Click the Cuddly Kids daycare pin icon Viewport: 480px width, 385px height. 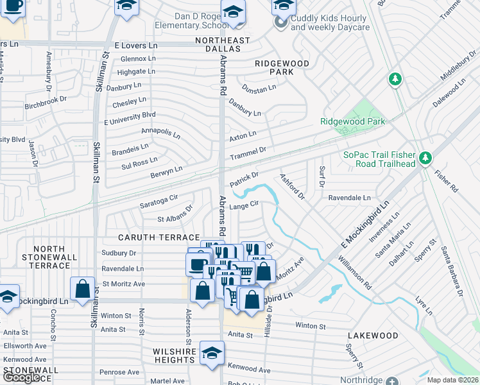pyautogui.click(x=280, y=22)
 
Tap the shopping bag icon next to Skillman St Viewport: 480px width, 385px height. pyautogui.click(x=83, y=289)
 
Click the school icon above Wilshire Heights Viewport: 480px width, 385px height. pyautogui.click(x=212, y=353)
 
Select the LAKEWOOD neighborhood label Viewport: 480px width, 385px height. pyautogui.click(x=373, y=336)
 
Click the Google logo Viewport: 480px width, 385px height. pyautogui.click(x=22, y=377)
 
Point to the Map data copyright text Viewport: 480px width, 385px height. pyautogui.click(x=452, y=380)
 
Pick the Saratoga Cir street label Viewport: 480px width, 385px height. pyautogui.click(x=159, y=201)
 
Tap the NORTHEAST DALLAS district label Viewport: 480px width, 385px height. pyautogui.click(x=223, y=40)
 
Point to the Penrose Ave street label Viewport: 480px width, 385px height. pyautogui.click(x=119, y=372)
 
